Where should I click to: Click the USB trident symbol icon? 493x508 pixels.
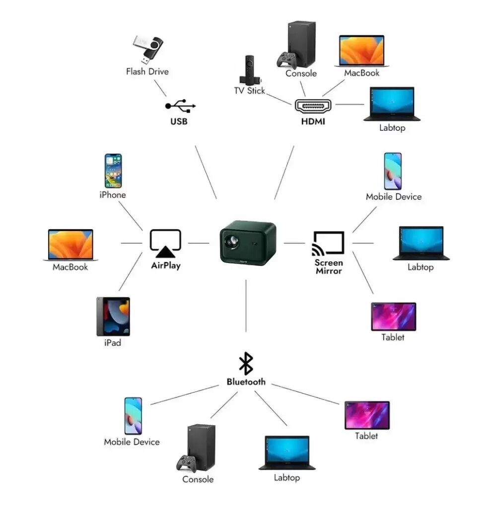tap(180, 106)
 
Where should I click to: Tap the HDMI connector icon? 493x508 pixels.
tap(313, 106)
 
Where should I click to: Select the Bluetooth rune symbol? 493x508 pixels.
tap(246, 364)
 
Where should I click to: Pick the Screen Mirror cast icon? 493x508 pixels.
tap(328, 243)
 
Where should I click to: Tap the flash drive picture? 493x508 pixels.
tap(147, 49)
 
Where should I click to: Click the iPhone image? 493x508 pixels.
tap(113, 171)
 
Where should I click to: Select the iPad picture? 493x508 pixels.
tap(113, 317)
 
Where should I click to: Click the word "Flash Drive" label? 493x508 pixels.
tap(147, 71)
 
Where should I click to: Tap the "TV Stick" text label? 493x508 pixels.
tap(249, 91)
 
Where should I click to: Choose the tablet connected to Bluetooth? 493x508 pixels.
tap(367, 415)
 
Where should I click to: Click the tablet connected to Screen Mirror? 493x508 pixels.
tap(393, 317)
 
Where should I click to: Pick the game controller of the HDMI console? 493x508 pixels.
tap(286, 60)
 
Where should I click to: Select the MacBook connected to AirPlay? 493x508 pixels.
tap(70, 245)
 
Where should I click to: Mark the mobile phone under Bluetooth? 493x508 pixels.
tap(133, 416)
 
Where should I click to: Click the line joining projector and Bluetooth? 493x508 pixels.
tap(246, 305)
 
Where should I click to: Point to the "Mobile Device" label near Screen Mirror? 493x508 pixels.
tap(393, 196)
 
